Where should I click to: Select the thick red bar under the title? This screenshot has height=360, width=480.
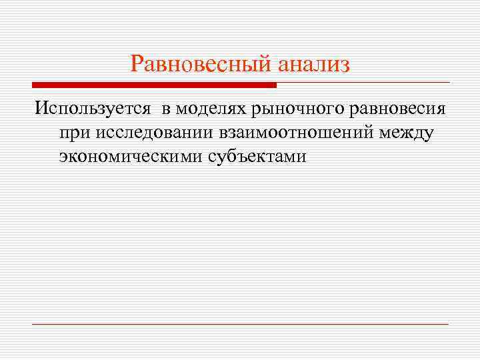click(x=154, y=85)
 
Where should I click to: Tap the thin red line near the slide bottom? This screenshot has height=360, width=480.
click(x=240, y=324)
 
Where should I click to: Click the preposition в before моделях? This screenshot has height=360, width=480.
click(x=164, y=109)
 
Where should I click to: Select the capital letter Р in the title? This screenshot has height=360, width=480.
click(x=137, y=64)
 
